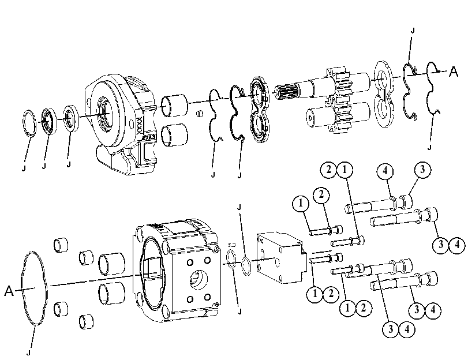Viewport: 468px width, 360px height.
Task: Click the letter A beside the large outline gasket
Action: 9,290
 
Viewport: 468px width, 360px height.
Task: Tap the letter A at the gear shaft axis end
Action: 454,72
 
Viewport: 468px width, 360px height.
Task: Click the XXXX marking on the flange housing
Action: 139,125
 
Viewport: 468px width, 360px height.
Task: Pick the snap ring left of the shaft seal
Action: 29,123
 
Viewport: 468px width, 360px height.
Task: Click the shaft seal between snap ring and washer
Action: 49,121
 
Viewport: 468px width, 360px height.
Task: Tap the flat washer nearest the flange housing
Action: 72,118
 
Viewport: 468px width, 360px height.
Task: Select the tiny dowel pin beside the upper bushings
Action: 200,114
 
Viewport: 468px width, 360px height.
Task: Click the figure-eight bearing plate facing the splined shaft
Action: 259,110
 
